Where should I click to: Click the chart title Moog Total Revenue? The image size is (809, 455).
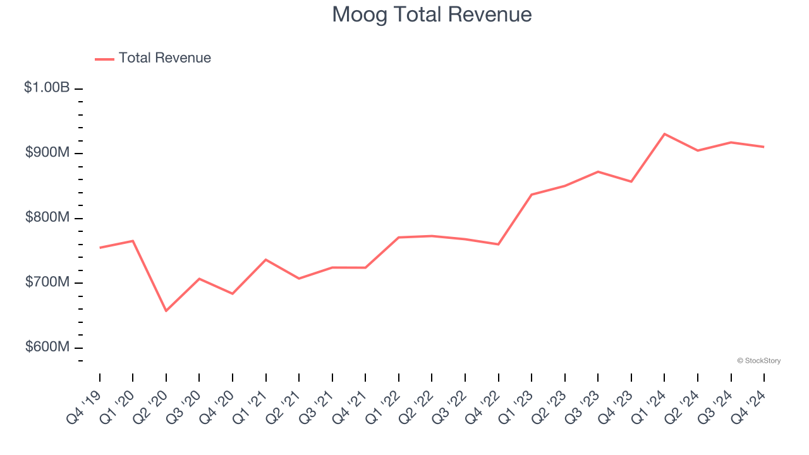point(432,14)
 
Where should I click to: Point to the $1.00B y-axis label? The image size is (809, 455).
point(47,88)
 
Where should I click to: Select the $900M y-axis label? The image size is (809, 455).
point(47,153)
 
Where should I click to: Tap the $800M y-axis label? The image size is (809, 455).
point(47,217)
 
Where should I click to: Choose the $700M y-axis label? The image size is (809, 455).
point(47,282)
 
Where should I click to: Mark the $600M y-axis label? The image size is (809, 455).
point(47,347)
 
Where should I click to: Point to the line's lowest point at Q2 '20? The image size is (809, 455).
point(166,311)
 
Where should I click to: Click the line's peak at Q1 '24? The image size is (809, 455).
point(665,134)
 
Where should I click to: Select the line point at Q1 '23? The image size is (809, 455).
point(532,195)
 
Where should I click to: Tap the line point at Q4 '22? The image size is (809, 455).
point(499,244)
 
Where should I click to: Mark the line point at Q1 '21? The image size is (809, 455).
point(265,259)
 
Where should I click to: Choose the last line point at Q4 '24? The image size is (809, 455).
point(764,147)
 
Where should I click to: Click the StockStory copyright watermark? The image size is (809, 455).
point(758,361)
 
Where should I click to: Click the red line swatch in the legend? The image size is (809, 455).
point(104,59)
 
